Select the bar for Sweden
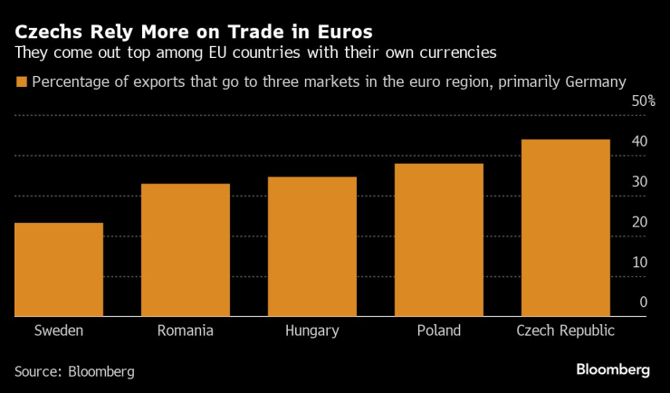click(59, 270)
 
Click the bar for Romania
click(186, 250)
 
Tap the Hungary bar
click(312, 246)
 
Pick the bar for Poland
click(439, 240)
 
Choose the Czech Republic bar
click(565, 227)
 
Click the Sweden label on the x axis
click(59, 331)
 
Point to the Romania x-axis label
click(186, 331)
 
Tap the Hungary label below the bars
click(312, 331)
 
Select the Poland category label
click(439, 331)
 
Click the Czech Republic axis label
click(565, 331)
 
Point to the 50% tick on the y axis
click(643, 101)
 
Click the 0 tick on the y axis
click(643, 302)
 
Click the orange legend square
click(21, 82)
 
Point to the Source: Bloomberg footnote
click(74, 371)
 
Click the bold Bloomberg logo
click(613, 369)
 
